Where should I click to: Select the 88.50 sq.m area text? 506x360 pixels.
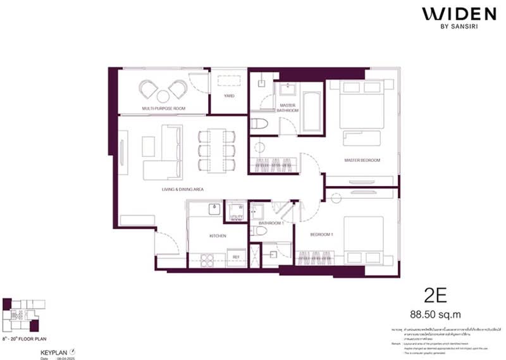[x=439, y=313]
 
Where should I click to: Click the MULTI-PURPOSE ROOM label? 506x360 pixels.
[x=163, y=109]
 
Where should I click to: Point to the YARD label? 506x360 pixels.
[x=229, y=96]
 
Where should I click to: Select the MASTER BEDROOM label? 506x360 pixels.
[x=362, y=160]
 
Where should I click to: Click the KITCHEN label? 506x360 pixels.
[x=218, y=236]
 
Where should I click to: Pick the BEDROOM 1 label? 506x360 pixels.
[x=321, y=234]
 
